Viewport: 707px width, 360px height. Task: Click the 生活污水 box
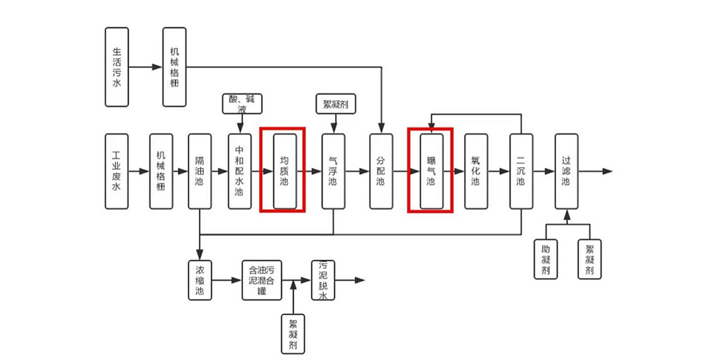coord(116,67)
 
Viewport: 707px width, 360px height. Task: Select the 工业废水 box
coord(116,171)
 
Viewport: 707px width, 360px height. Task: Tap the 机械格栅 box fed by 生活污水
coord(175,67)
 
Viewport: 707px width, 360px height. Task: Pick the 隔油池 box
coord(200,171)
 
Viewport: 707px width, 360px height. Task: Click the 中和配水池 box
coord(239,171)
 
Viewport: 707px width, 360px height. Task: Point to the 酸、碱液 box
coord(242,103)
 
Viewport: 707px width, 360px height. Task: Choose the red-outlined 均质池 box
coord(284,171)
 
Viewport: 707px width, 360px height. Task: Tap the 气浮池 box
coord(333,171)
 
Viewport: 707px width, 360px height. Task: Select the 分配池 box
coord(381,171)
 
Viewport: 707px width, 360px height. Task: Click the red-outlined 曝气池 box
coord(432,171)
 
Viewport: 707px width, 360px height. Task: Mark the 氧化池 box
coord(475,171)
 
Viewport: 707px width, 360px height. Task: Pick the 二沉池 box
coord(521,171)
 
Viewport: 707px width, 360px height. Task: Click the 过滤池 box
coord(566,171)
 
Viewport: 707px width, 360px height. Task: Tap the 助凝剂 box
coord(546,258)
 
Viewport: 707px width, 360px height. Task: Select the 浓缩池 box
coord(200,280)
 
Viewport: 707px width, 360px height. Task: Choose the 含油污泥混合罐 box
coord(261,280)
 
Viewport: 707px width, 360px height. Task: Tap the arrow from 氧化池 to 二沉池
coord(498,171)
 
